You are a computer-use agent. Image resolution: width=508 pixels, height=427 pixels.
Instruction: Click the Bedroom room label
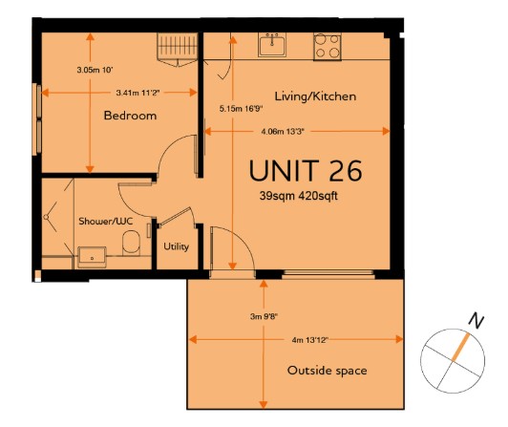click(130, 116)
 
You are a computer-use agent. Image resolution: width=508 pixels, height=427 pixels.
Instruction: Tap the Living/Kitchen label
click(315, 96)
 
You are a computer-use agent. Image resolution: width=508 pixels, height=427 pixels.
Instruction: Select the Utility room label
click(177, 246)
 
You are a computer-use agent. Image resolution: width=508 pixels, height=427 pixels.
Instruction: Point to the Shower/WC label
click(106, 221)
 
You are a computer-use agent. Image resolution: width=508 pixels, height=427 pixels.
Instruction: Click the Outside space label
click(327, 371)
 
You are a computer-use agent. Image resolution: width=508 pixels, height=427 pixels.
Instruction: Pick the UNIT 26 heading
click(306, 171)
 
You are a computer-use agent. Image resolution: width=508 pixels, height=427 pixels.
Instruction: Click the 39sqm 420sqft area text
click(298, 196)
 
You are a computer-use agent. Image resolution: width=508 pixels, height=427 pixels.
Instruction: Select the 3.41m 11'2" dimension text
click(138, 93)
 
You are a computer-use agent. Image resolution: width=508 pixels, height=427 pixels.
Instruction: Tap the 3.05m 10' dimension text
click(95, 70)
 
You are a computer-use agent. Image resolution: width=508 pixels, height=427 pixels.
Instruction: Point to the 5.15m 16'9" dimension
click(241, 109)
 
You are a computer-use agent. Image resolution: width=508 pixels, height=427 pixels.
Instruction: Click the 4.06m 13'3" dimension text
click(283, 132)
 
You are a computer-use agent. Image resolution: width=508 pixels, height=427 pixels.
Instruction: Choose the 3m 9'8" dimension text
click(264, 316)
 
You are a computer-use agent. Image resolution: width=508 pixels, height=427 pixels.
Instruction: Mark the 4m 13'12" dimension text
click(310, 340)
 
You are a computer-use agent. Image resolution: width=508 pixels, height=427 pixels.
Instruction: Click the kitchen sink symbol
click(272, 45)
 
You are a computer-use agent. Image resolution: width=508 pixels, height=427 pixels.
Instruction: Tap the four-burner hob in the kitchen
click(328, 47)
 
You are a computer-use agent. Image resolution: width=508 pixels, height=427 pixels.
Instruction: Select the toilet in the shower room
click(131, 243)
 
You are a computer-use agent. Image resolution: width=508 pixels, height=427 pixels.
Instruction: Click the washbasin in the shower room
click(92, 257)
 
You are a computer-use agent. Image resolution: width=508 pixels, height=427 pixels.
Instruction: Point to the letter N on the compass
click(476, 321)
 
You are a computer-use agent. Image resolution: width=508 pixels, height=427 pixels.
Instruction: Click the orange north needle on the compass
click(460, 346)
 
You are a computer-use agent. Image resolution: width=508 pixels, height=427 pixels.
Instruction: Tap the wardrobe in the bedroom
click(178, 49)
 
